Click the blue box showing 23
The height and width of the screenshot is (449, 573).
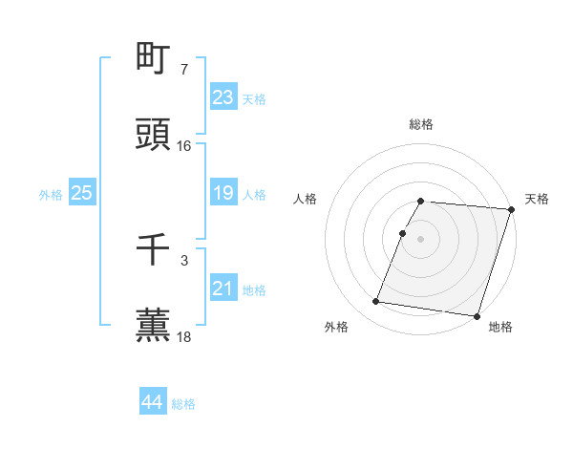point(223,97)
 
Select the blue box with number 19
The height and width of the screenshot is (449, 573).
point(223,193)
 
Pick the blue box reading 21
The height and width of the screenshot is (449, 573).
point(223,289)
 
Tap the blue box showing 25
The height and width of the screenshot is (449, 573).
point(81,193)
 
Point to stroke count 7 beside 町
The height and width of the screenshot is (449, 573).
point(183,70)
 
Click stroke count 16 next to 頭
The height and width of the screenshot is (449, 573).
point(184,146)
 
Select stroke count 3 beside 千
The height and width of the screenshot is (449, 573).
point(183,260)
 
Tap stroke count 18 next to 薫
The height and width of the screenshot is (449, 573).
point(184,336)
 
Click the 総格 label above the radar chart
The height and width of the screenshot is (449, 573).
point(421,124)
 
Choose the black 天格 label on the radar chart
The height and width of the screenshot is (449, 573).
point(537,199)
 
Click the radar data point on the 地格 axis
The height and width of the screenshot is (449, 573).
point(477,315)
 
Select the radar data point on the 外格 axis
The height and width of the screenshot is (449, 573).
point(376,302)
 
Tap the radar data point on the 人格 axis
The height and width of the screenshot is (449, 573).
point(403,233)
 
